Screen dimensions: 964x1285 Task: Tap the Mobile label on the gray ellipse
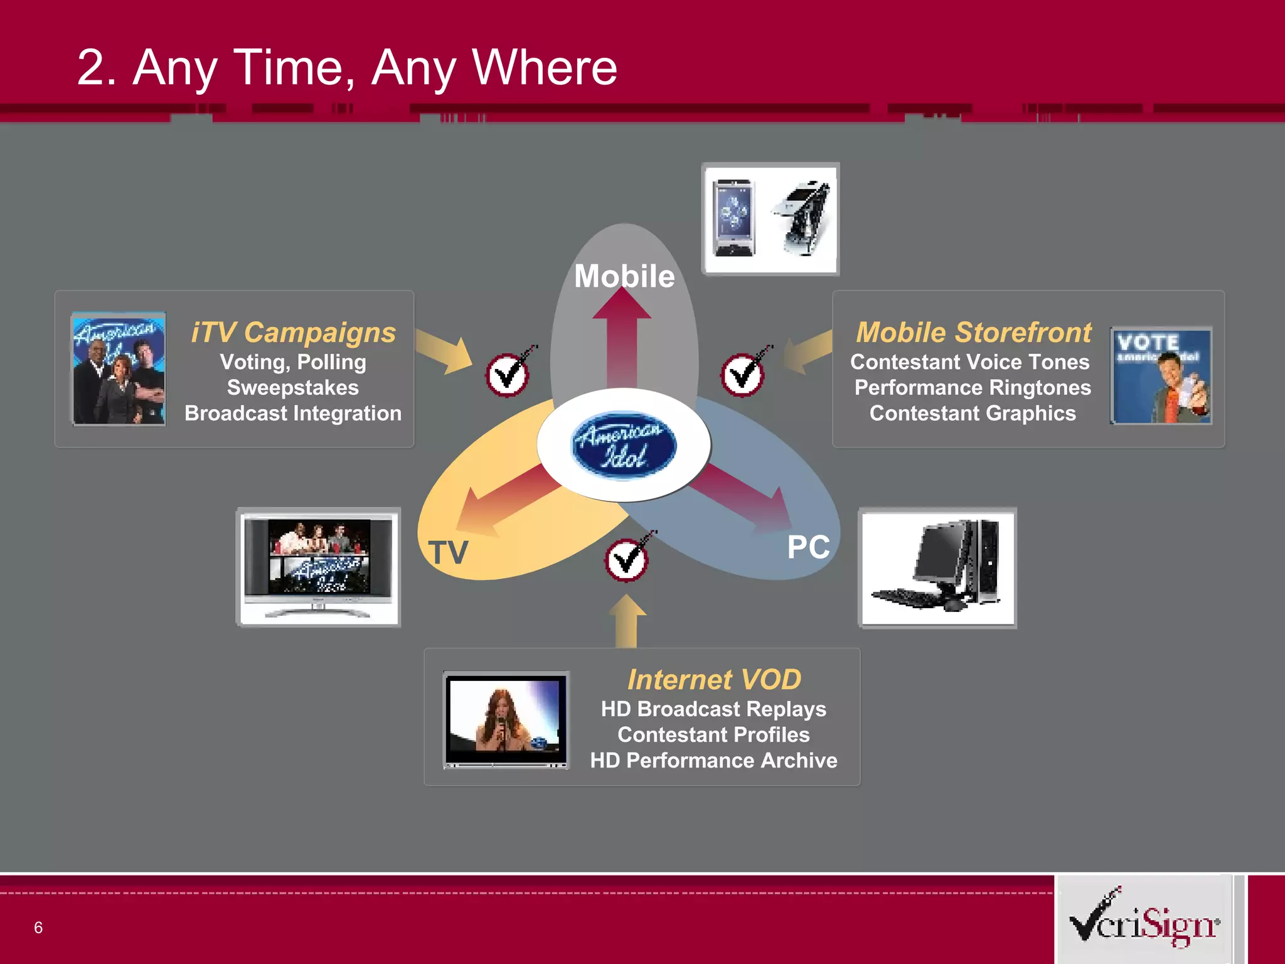click(624, 276)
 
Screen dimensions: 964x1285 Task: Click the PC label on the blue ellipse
click(808, 547)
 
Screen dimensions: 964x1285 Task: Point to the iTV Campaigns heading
click(294, 333)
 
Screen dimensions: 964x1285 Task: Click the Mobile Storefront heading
click(974, 333)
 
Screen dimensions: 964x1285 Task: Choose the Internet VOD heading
click(714, 680)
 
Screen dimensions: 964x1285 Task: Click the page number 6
click(38, 928)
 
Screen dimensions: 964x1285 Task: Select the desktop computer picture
click(937, 568)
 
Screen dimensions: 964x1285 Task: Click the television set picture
click(319, 567)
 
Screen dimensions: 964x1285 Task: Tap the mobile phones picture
click(770, 219)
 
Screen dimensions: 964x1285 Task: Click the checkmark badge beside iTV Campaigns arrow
click(508, 375)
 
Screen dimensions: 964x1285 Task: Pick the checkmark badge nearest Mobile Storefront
click(743, 375)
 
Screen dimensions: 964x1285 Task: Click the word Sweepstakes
click(293, 388)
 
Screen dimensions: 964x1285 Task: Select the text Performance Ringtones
click(973, 388)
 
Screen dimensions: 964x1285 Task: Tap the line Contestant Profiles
click(713, 735)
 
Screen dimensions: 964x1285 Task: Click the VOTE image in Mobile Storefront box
click(1161, 375)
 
